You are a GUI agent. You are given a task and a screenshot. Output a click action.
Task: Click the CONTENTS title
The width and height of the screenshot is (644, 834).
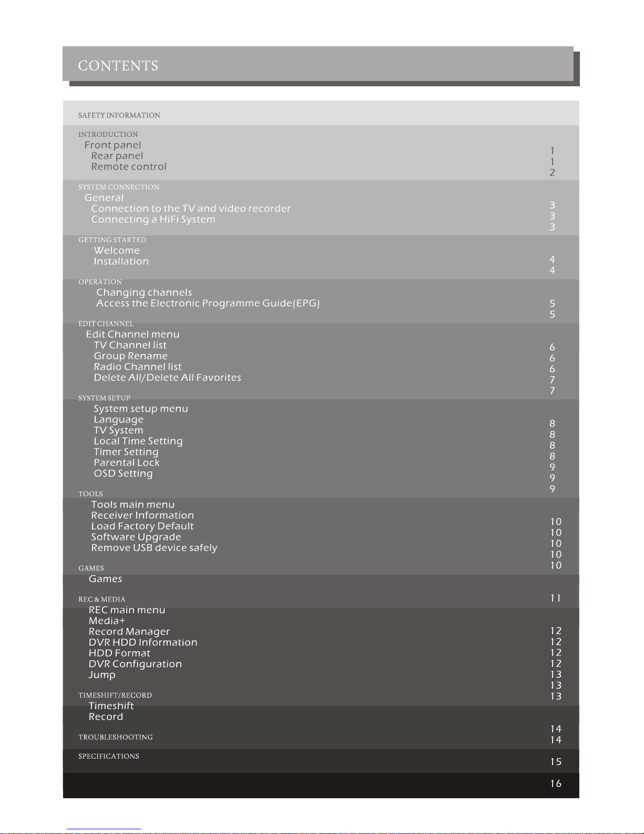coord(118,66)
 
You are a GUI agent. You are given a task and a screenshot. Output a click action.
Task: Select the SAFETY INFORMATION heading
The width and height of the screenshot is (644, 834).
coord(119,115)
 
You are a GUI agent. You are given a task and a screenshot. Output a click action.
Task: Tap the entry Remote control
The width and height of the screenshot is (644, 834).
coord(129,167)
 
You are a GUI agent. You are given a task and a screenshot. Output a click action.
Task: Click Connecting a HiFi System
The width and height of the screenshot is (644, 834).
coord(153,219)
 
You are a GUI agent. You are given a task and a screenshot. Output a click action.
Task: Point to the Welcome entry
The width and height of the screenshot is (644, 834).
coord(117,250)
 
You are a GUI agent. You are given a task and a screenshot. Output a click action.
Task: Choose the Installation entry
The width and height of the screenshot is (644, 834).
coord(121,262)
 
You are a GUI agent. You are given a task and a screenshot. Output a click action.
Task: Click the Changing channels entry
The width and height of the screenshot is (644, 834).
coord(144,293)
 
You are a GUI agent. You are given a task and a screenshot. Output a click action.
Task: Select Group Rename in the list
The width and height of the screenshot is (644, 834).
coord(130,356)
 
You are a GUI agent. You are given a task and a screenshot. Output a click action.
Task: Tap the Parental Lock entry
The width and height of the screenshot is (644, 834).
coord(126,463)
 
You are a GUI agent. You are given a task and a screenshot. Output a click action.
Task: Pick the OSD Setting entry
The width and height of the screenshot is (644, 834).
coord(123,474)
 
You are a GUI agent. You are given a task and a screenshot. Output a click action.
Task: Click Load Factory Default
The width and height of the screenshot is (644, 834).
coord(142,526)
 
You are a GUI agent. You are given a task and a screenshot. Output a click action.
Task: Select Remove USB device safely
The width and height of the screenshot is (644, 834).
coord(154,548)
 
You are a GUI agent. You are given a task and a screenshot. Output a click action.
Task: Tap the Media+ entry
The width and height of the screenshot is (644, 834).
coord(107,621)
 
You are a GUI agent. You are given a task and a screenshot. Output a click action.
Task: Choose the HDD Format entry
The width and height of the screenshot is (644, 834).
coord(119,654)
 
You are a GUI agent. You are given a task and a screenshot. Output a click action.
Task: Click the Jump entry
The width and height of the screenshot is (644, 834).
coord(102,675)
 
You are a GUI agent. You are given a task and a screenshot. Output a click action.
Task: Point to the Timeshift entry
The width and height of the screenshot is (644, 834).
coord(111,706)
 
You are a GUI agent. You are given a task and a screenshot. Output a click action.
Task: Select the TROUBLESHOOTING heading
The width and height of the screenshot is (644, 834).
coord(116,737)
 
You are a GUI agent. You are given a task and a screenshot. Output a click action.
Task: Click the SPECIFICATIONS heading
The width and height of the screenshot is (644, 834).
coord(109,756)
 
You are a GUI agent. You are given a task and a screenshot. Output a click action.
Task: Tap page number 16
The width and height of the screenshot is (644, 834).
coord(556,783)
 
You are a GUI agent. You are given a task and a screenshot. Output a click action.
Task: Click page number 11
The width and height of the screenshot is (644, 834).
coord(556,598)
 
